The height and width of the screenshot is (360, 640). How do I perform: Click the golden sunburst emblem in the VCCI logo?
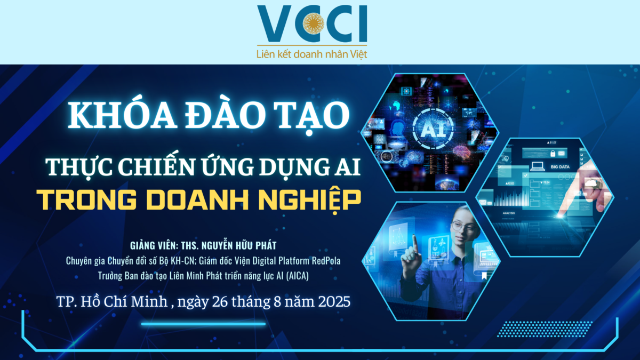(314, 22)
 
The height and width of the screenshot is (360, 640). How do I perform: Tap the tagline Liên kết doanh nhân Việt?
(311, 54)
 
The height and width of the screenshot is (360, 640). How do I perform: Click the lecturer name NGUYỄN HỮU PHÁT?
(239, 245)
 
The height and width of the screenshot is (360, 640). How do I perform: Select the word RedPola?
(326, 261)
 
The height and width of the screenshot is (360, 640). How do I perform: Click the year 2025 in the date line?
(334, 302)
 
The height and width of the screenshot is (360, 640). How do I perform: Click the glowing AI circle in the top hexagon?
(433, 129)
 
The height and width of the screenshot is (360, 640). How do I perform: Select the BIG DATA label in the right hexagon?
(560, 167)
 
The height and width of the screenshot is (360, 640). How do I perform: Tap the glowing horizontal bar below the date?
(203, 324)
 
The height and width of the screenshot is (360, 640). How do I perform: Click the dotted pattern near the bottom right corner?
(545, 329)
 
